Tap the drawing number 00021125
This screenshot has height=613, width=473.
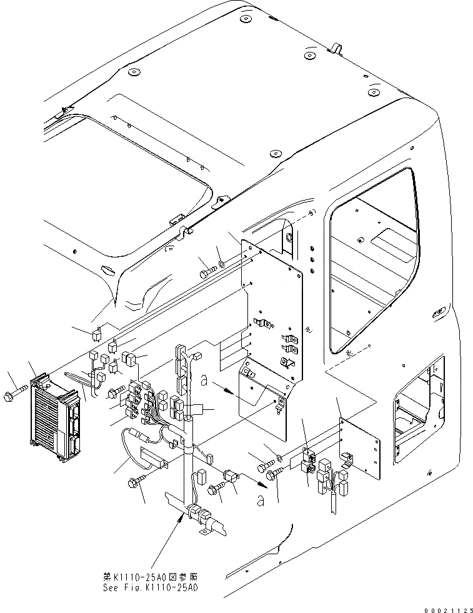pos(446,607)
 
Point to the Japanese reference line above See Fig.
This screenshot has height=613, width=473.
pos(154,576)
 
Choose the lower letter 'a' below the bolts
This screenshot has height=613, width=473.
pos(259,500)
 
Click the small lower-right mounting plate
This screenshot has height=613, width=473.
pos(360,447)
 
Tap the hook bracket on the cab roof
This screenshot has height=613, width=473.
pos(336,49)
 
